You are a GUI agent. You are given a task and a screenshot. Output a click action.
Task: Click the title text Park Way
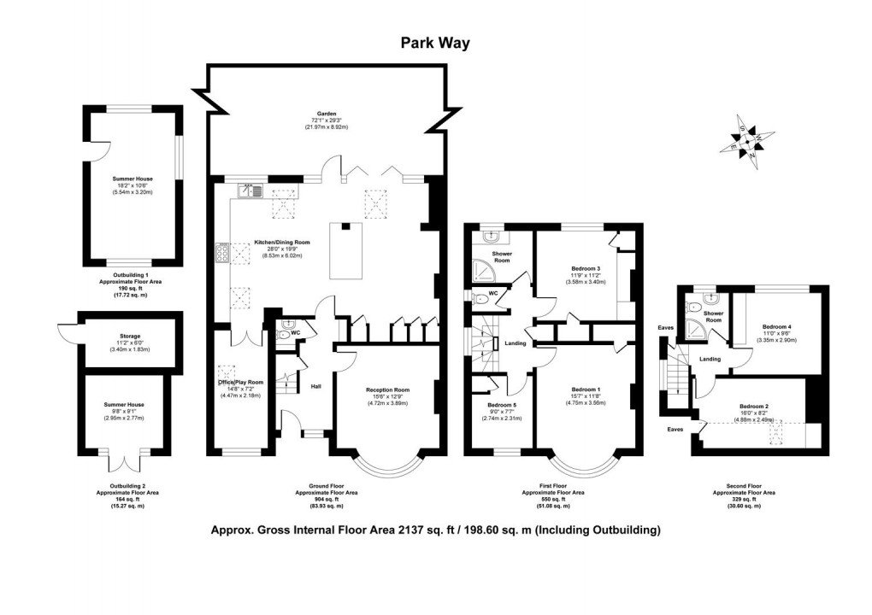pos(435,44)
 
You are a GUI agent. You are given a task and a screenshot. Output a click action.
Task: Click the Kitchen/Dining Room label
pos(282,243)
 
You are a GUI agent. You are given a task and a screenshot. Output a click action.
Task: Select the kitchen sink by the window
pos(247,190)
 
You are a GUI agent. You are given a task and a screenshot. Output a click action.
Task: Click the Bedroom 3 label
pos(586,268)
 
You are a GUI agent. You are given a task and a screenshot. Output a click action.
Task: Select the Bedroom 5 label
pos(503,405)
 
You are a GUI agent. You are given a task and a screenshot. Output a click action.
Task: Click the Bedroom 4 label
pos(777,326)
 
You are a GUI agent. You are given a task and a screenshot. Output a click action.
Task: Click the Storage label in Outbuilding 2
pos(130,337)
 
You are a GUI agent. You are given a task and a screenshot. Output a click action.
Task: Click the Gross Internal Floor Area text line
pos(436,530)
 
